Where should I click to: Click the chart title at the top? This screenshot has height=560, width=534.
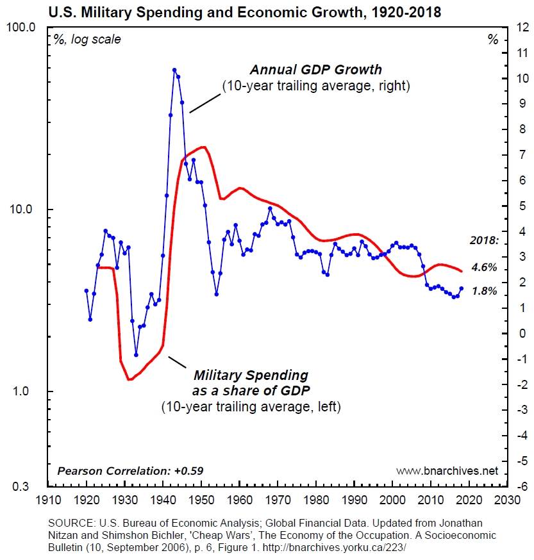tap(267, 12)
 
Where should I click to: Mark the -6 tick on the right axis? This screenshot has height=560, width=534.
tap(520, 487)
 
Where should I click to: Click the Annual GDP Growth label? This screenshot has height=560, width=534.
tap(315, 70)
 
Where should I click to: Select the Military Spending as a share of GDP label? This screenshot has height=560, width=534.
tap(251, 383)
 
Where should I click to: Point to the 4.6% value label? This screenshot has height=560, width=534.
tap(484, 267)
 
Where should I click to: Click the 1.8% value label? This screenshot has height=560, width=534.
tap(484, 291)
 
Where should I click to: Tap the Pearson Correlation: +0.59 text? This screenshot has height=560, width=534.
tap(130, 471)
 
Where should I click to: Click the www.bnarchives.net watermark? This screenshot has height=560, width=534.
tap(447, 471)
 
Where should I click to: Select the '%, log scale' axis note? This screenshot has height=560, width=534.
tap(87, 40)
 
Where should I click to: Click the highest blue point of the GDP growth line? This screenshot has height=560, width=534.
tap(174, 70)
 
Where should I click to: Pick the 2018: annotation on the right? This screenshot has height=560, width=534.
tap(483, 242)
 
